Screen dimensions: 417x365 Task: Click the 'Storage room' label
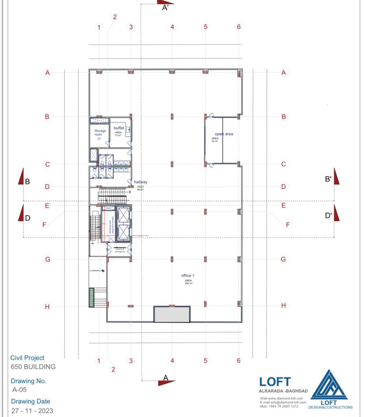(97, 133)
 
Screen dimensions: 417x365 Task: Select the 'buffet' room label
(119, 128)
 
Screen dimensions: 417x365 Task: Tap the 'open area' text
(224, 134)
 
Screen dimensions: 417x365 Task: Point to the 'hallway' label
(140, 182)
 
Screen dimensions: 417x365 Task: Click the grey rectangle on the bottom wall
(172, 314)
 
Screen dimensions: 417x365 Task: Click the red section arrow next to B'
(336, 176)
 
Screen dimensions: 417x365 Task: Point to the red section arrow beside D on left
(21, 213)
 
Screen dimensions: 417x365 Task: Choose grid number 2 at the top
(115, 17)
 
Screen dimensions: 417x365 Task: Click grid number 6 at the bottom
(239, 360)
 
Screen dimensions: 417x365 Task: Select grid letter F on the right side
(288, 224)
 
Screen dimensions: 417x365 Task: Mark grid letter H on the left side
(47, 307)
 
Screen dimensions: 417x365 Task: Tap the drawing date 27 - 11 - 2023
(32, 410)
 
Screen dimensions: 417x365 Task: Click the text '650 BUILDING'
(33, 367)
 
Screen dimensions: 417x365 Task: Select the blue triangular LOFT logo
(329, 386)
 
